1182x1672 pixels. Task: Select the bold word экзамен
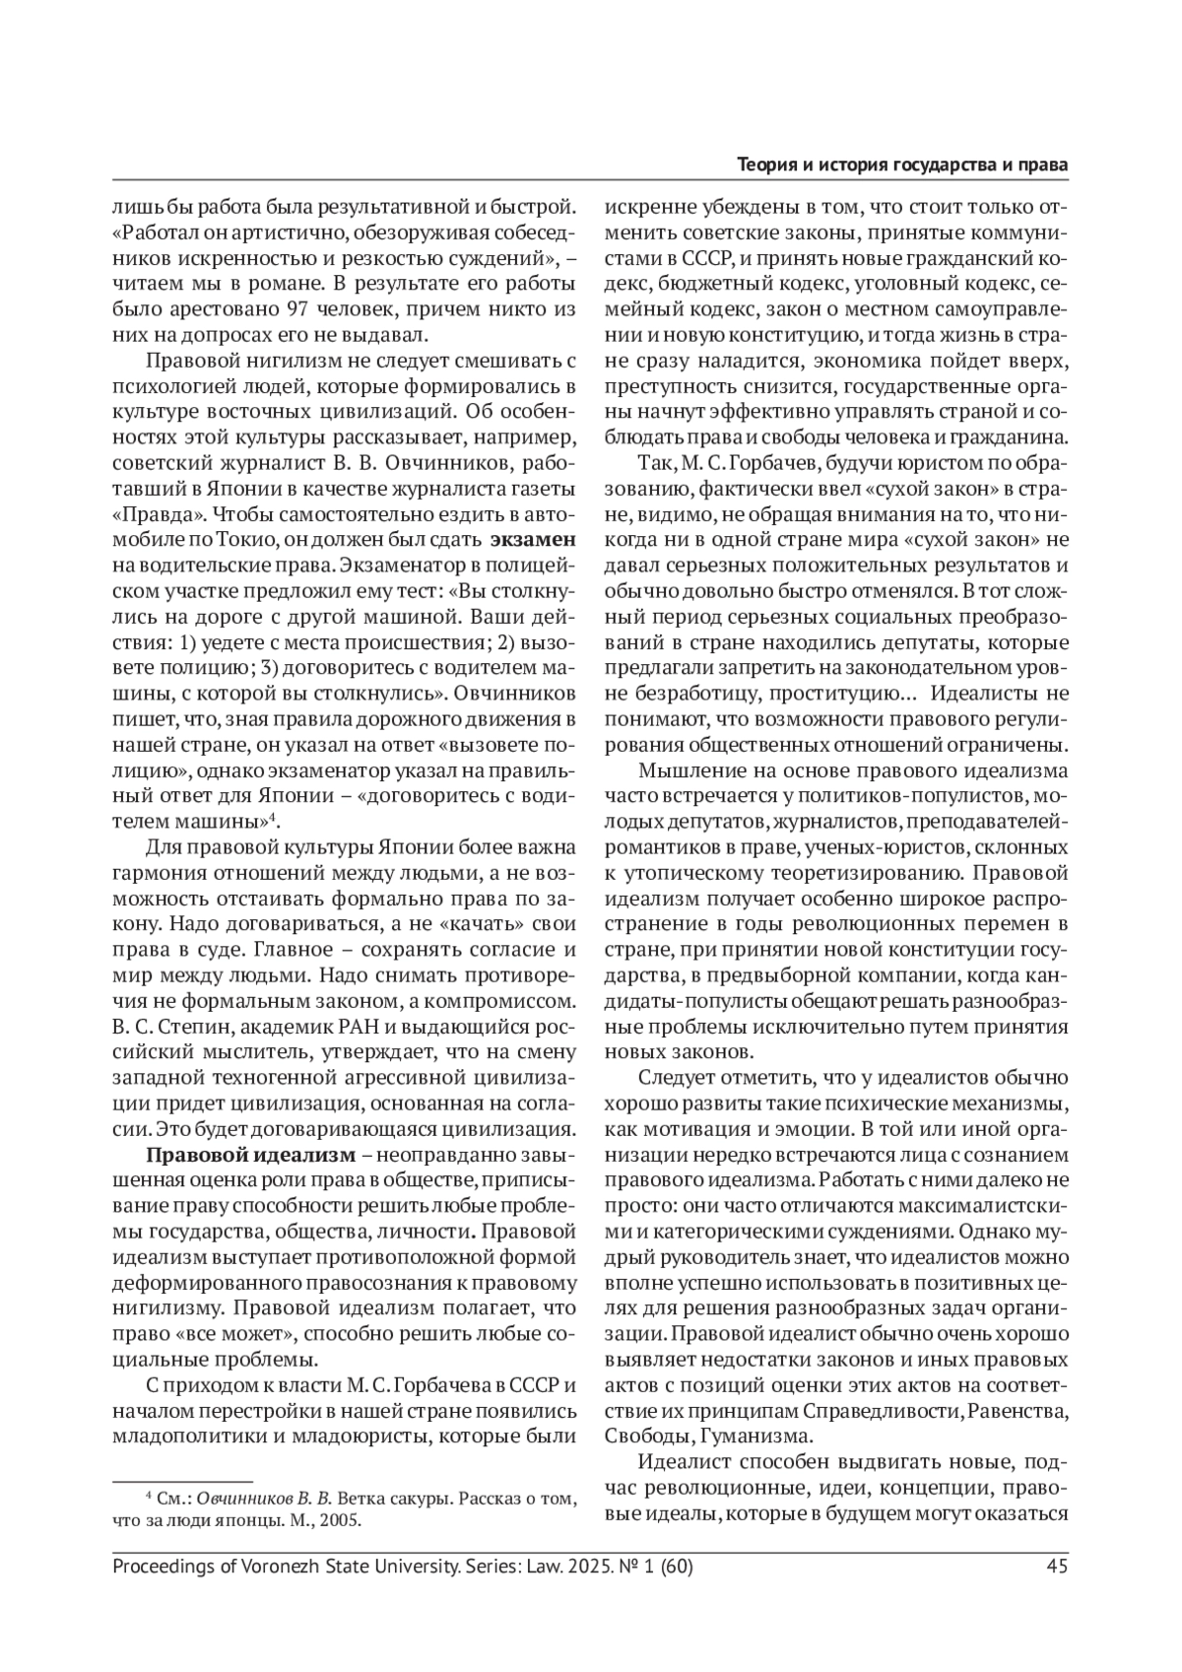coord(533,538)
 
